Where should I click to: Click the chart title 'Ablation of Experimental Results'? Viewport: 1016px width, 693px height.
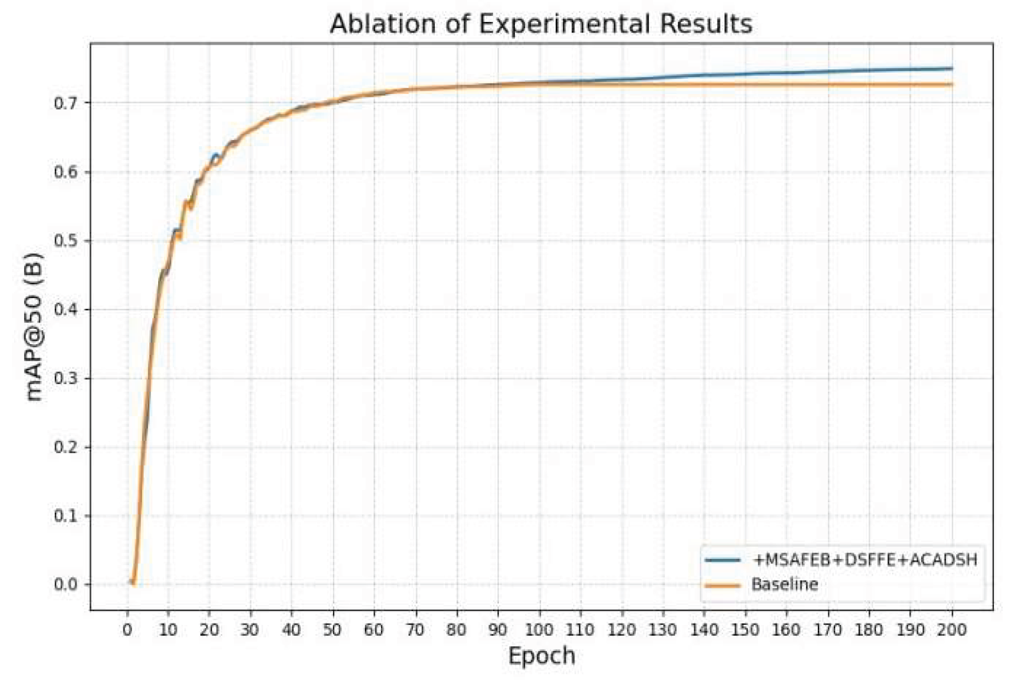coord(541,24)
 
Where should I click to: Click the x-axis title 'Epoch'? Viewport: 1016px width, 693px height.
coord(541,656)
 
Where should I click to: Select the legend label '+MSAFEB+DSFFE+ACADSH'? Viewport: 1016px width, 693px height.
coord(865,560)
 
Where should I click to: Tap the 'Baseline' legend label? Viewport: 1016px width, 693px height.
coord(785,584)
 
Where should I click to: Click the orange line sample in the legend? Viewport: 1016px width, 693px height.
coord(723,586)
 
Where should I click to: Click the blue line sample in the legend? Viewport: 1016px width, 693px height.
coord(723,560)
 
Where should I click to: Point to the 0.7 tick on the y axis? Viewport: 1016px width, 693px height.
coord(65,103)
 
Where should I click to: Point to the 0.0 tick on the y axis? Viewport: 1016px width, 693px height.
coord(65,584)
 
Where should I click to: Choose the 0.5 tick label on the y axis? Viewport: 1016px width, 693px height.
coord(65,241)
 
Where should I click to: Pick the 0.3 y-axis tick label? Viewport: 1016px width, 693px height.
coord(65,378)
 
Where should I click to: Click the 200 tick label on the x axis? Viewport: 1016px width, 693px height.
coord(952,630)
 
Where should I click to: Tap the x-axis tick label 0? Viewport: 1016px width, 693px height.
coord(127,630)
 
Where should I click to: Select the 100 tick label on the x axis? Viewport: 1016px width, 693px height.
coord(539,630)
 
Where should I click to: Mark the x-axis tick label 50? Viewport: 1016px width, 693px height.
coord(333,630)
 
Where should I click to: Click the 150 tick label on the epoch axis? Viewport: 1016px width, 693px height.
coord(745,630)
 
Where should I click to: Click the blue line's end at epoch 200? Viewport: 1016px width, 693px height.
coord(951,69)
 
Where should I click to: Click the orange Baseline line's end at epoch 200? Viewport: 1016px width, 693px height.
coord(951,85)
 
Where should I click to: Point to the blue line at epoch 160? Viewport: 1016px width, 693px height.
coord(787,73)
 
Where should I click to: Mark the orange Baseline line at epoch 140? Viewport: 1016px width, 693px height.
coord(704,85)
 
